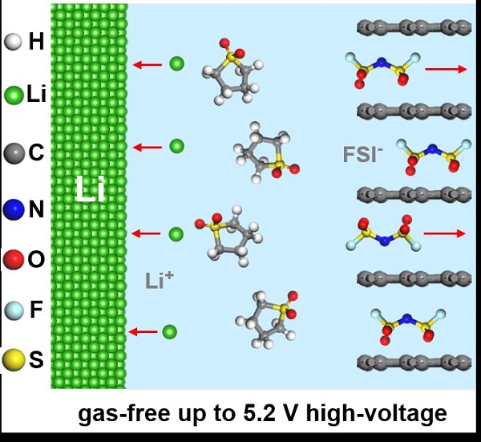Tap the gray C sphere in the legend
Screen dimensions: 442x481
click(12, 151)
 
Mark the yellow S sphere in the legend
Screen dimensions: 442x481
click(12, 362)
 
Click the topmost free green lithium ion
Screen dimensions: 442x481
click(176, 63)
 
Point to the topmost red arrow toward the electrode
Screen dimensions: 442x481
click(147, 64)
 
